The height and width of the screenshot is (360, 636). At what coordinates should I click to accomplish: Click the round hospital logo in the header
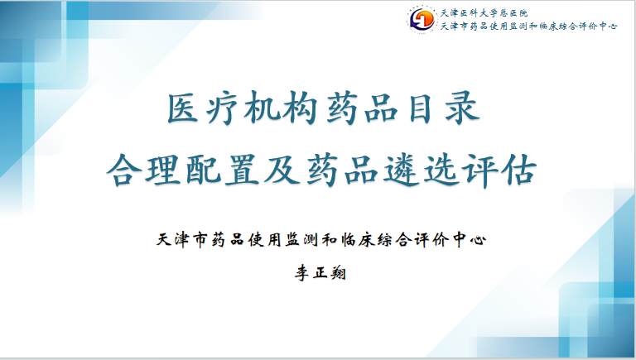[422, 18]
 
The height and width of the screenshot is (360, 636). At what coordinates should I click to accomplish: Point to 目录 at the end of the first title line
[450, 109]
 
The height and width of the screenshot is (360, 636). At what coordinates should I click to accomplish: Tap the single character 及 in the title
[277, 170]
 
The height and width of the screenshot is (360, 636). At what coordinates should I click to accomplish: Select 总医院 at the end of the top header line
[518, 13]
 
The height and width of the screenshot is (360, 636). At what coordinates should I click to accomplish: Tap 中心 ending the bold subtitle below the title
[469, 240]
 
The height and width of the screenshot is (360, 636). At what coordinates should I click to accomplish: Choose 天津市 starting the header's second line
[456, 27]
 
